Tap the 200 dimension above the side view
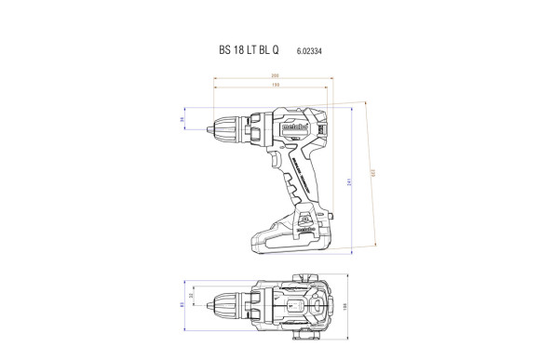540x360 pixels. pos(275,76)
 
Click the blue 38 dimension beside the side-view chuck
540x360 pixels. pos(182,120)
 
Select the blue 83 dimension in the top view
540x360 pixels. pos(182,304)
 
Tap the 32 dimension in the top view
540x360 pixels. pos(194,297)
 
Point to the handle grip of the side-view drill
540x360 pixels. pos(304,181)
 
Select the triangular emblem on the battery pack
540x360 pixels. pos(306,224)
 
